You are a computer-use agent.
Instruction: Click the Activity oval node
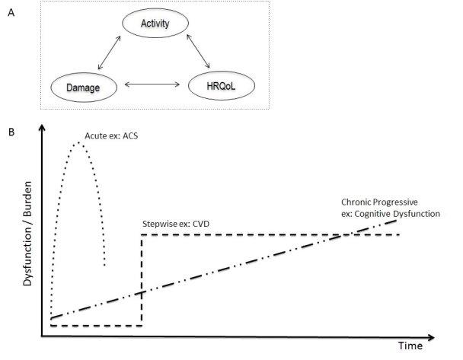(155, 24)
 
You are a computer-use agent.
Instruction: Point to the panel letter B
(10, 131)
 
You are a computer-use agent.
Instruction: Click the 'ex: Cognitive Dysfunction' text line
(391, 215)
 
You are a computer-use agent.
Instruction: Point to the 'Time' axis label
(412, 346)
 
